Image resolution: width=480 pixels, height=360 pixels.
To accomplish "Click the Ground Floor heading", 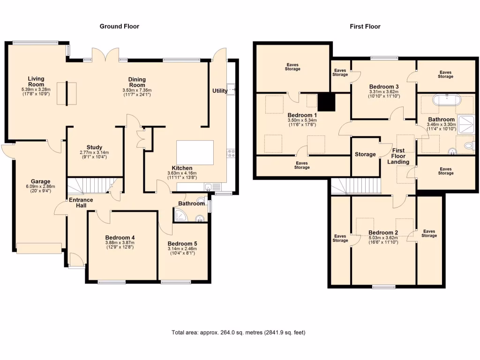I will (119, 26).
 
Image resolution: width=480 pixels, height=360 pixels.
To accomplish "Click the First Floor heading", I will (365, 26).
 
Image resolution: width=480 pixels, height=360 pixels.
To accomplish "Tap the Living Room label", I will (36, 81).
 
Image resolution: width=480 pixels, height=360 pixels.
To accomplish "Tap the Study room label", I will (94, 147).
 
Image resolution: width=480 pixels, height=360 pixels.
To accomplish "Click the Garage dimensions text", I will (40, 189).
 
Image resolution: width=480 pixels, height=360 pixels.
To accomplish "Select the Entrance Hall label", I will (81, 203).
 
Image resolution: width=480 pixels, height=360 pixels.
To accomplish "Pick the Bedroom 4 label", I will (120, 238).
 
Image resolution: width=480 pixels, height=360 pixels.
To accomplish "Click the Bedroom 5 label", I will (182, 244).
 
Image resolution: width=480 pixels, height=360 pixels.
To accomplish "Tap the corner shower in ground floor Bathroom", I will (179, 216).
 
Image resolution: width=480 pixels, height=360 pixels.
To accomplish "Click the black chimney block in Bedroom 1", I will (326, 102).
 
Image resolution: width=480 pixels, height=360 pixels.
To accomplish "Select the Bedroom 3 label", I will (384, 87).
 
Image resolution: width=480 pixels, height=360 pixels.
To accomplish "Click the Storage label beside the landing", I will (365, 154).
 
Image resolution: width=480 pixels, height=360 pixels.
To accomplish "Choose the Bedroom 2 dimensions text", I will (383, 240).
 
